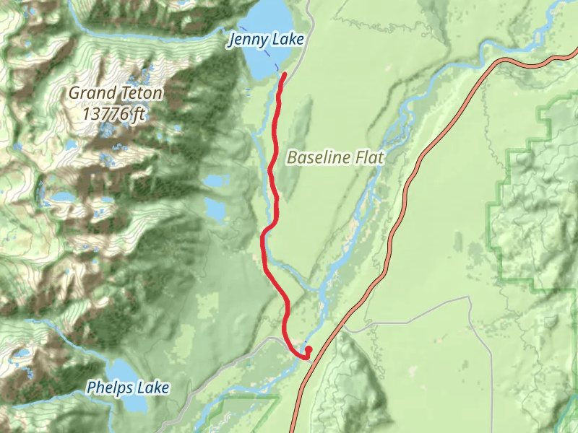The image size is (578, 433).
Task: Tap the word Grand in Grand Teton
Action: click(x=92, y=93)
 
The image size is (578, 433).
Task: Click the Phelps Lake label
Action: click(x=128, y=388)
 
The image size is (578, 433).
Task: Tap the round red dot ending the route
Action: click(x=309, y=349)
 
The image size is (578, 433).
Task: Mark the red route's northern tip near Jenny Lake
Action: click(x=285, y=74)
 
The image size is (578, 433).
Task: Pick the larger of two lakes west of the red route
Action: click(x=215, y=209)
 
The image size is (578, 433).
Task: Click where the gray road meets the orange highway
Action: click(x=345, y=326)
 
